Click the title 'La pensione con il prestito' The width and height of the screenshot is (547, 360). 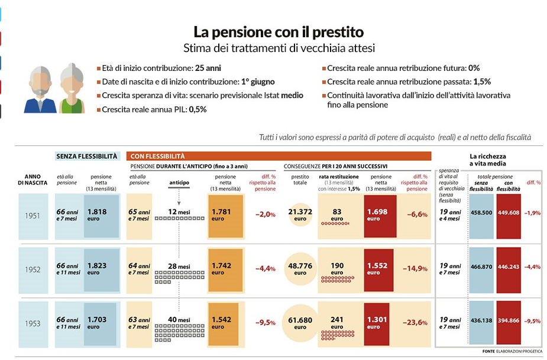coord(279,31)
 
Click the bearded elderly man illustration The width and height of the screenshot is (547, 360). coord(41,89)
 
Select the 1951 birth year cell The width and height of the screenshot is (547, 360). coord(33,215)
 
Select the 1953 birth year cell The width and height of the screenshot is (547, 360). coord(33,323)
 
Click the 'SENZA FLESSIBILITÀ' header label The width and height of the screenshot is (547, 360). coord(87,156)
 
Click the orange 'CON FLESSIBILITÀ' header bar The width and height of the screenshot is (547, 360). coord(278,156)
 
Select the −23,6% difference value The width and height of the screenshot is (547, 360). coord(415,323)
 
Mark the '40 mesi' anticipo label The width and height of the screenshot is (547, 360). coord(179,320)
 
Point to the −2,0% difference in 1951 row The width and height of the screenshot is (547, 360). coord(265,215)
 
